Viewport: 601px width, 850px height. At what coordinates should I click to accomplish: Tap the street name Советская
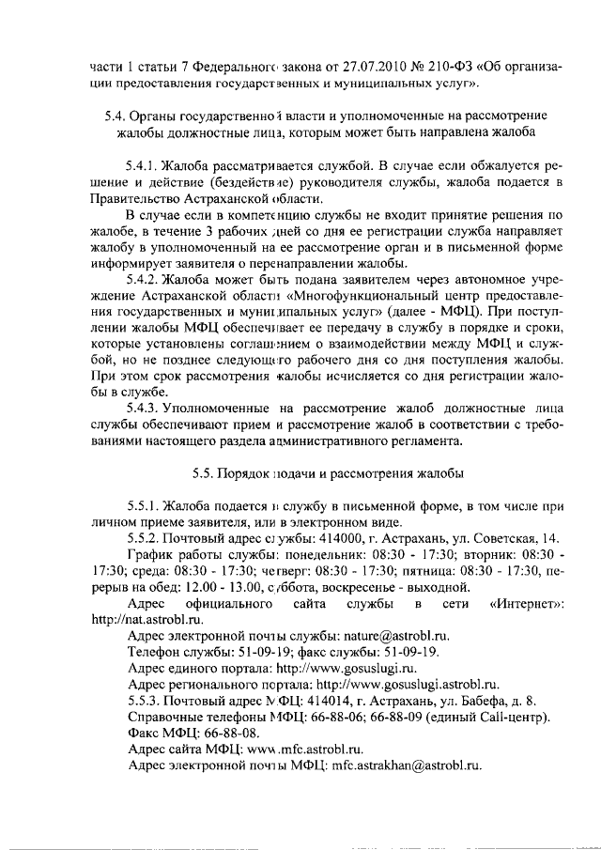coord(505,538)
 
